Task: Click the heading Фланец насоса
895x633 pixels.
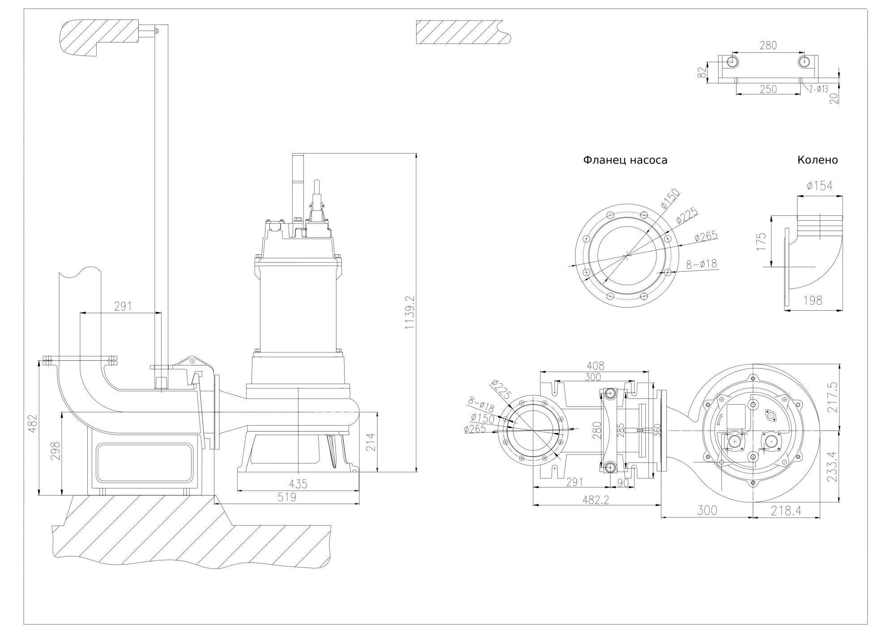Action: click(625, 160)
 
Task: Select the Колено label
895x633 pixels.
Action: click(817, 160)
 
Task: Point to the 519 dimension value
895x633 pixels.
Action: click(287, 497)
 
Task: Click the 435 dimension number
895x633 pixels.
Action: click(298, 484)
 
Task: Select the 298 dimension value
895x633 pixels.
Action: click(55, 451)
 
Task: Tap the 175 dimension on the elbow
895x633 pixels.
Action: click(761, 242)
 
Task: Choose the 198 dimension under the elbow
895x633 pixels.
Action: click(813, 300)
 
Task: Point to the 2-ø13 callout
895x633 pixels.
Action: click(818, 89)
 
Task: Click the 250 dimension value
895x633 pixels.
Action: click(768, 89)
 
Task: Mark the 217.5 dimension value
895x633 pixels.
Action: click(832, 397)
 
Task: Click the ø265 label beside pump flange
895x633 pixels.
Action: click(705, 236)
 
